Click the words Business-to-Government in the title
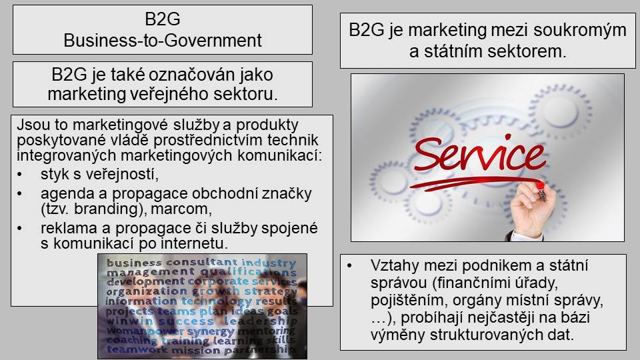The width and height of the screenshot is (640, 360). tap(163, 41)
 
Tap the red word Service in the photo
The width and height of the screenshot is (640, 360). tap(479, 154)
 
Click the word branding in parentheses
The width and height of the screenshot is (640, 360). tap(106, 209)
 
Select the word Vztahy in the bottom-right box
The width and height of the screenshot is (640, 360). tap(395, 266)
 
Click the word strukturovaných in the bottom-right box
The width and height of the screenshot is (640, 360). tap(481, 335)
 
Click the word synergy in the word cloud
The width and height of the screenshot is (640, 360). tap(211, 331)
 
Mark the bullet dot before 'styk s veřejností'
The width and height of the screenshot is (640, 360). tap(19, 175)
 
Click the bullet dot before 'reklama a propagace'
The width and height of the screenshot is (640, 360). tap(19, 228)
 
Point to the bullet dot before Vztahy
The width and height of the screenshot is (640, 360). tap(349, 266)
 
